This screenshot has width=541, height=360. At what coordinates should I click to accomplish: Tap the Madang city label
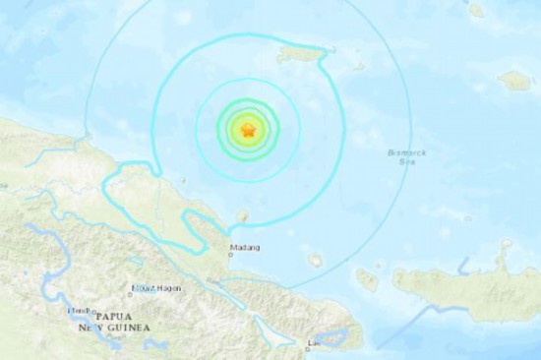[x=243, y=248]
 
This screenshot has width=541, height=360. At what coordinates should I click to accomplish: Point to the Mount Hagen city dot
[x=130, y=292]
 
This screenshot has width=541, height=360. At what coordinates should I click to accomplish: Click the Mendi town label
[x=80, y=311]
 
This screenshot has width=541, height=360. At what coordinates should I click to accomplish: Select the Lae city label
[x=315, y=344]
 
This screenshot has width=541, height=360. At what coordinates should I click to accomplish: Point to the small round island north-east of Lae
[x=315, y=260]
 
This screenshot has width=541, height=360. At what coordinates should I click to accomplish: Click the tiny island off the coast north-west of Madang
[x=183, y=180]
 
